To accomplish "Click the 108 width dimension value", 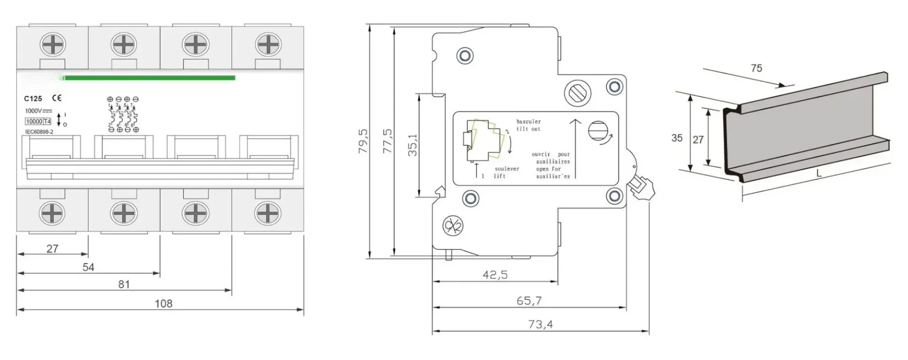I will pos(164,304).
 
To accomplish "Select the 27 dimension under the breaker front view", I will pos(52,249).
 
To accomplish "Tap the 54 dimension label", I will pos(88,267).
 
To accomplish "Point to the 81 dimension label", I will pos(124,284).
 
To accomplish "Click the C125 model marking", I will pos(33,99).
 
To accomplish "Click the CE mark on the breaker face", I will pos(57,98).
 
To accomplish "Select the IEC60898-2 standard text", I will pos(39,132).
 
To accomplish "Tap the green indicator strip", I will pos(149,78).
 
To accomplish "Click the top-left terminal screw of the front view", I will pos(52,46).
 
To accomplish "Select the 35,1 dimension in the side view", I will pos(412,146).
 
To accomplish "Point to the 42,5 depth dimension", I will pos(495,274).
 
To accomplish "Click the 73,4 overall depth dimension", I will pos(540,324).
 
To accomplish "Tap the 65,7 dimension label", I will pos(529,300).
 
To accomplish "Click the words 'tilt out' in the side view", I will pos(528,129).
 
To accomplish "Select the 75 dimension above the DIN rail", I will pos(756,68).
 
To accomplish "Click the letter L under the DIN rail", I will pos(819,173).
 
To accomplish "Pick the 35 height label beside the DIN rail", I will pos(677,138).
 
